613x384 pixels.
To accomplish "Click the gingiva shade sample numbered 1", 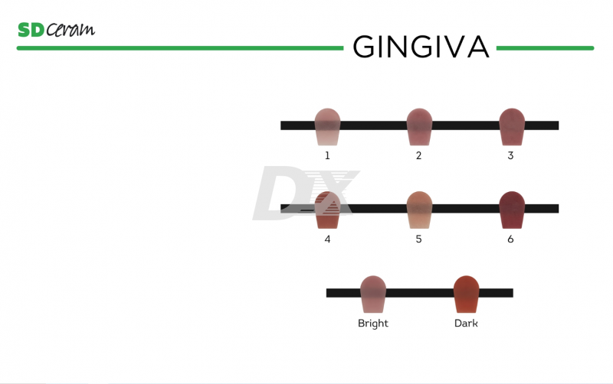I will click(327, 127).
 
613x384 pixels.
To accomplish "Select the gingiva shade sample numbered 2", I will click(419, 127).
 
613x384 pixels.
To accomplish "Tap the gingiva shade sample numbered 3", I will click(511, 127).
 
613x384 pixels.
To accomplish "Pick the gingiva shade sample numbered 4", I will click(327, 211).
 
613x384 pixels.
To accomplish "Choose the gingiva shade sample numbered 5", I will click(419, 210).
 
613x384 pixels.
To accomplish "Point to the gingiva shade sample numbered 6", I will click(511, 210).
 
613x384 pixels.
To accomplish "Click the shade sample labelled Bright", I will click(373, 295).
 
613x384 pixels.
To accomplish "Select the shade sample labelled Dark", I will click(466, 295).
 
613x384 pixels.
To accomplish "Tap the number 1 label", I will click(327, 155).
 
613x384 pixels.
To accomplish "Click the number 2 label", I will click(418, 155).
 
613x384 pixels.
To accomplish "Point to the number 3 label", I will click(510, 155).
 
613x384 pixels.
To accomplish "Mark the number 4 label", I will click(327, 239).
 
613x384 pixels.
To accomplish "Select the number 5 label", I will click(418, 239).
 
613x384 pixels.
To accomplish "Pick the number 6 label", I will click(510, 239).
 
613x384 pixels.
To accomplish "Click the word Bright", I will click(373, 324).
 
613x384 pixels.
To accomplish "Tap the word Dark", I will click(466, 324).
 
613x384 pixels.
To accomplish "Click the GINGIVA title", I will click(420, 47).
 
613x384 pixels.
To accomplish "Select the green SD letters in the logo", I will click(31, 30).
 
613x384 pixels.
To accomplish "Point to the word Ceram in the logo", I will click(70, 31).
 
